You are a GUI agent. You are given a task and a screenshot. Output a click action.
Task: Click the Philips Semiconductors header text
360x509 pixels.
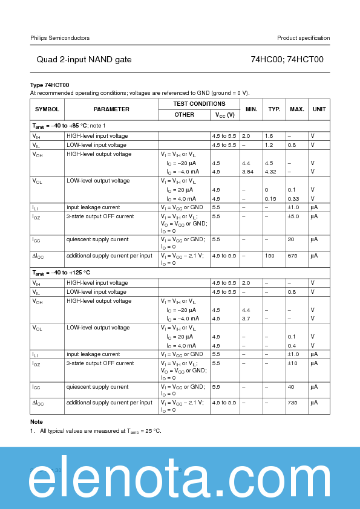click(60, 38)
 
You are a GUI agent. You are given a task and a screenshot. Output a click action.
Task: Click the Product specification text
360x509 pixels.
click(303, 38)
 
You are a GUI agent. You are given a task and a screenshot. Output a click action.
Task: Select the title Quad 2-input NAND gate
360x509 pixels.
click(83, 59)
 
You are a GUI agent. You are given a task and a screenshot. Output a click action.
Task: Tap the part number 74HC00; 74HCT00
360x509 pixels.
click(287, 59)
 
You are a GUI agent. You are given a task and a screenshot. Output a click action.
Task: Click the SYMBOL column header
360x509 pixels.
click(47, 109)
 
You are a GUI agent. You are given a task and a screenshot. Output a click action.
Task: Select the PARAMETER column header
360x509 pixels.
click(111, 109)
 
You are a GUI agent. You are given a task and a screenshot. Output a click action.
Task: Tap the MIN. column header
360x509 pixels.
click(251, 109)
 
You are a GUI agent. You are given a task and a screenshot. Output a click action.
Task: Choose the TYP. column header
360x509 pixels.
click(274, 109)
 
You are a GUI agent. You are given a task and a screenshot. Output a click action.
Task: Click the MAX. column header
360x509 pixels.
click(296, 109)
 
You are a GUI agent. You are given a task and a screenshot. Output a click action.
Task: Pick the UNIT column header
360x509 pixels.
click(319, 109)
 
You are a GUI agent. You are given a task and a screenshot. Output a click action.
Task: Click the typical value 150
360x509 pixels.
click(269, 256)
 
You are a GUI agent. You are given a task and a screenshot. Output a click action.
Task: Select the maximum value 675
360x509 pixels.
click(293, 256)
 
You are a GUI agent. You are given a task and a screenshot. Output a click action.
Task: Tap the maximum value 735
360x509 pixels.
click(293, 403)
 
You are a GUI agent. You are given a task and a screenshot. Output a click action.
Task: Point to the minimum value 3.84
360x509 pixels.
click(247, 172)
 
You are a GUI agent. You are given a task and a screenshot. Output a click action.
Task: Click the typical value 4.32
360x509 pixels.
click(270, 172)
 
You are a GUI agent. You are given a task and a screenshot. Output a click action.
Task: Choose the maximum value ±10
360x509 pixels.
click(293, 363)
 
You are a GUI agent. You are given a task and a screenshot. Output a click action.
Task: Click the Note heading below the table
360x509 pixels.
click(36, 421)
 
